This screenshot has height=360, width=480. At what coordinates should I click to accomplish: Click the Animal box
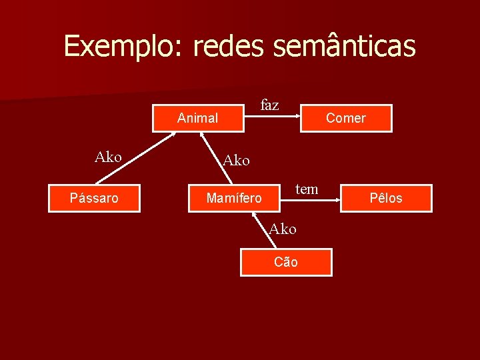[x=197, y=118]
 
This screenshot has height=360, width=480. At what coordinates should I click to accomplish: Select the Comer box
[x=345, y=118]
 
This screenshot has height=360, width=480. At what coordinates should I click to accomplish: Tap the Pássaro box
[x=94, y=198]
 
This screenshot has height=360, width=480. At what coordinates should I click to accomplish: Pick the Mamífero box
[x=234, y=198]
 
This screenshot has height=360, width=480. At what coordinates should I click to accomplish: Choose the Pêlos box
[x=386, y=198]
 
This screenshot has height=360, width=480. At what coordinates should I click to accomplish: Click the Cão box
[x=286, y=262]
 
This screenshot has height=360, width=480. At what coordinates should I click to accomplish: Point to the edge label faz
[x=270, y=105]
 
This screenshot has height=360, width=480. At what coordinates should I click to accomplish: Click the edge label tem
[x=307, y=189]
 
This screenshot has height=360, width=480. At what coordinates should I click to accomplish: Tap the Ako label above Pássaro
[x=108, y=157]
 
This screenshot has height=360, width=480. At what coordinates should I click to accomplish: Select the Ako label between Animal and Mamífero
[x=236, y=160]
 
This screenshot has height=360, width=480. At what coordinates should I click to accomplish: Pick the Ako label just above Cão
[x=283, y=229]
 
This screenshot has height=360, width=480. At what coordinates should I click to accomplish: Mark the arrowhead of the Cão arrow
[x=255, y=214]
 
